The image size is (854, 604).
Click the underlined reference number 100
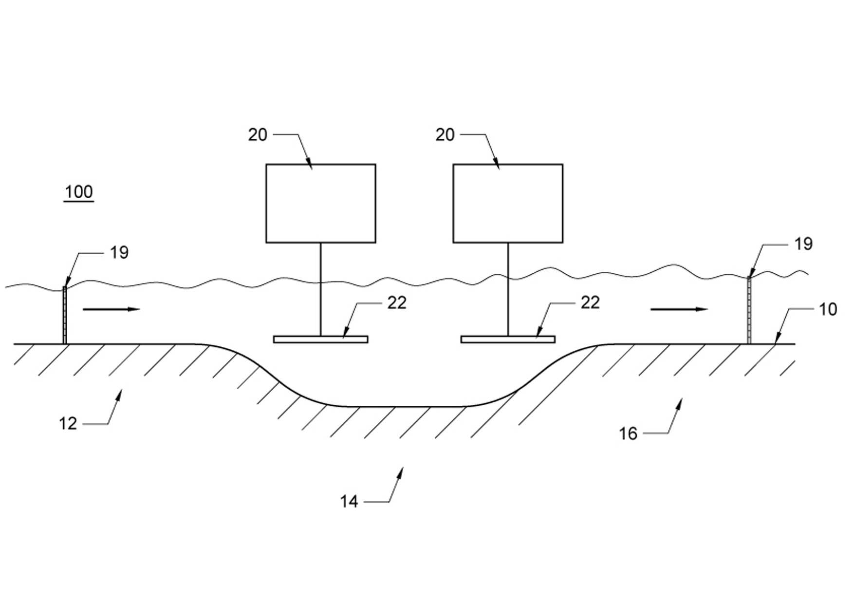tap(79, 192)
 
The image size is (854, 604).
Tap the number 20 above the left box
tap(258, 134)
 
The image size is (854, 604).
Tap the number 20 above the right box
tap(445, 134)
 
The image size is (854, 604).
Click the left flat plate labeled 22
tap(320, 339)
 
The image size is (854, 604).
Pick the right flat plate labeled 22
tap(508, 339)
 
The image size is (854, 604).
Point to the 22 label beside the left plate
tap(397, 302)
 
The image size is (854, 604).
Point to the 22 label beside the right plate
tap(590, 302)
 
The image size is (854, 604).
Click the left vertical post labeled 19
tap(65, 315)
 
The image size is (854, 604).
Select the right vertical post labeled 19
tap(749, 310)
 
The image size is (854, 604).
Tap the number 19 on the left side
tap(119, 252)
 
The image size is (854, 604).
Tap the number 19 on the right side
tap(803, 244)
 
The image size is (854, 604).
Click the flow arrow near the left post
tap(111, 309)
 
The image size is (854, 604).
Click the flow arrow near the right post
tap(679, 309)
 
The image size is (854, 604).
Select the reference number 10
tap(828, 309)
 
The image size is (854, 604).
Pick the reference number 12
tap(68, 423)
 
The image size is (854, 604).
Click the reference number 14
tap(349, 501)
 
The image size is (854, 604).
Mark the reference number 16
tap(628, 433)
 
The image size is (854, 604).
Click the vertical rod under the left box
tap(320, 289)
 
